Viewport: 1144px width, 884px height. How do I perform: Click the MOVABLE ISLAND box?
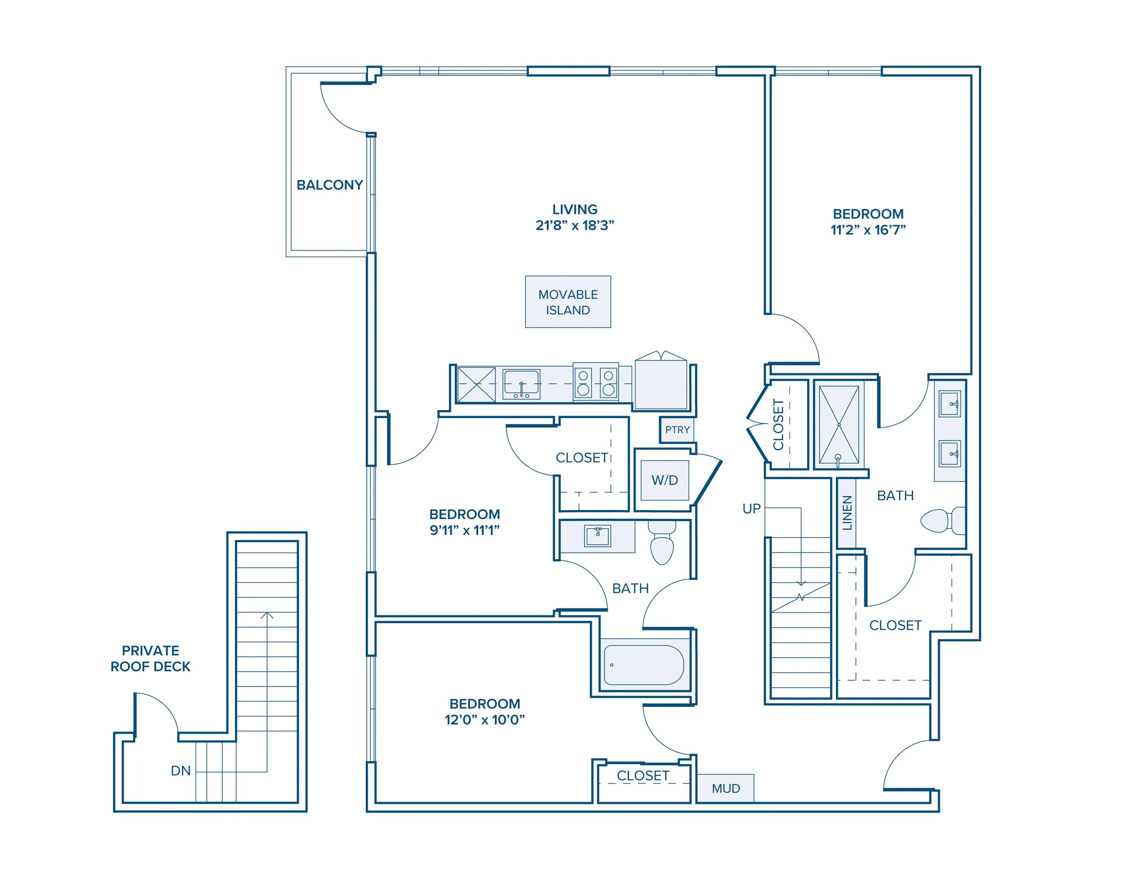coord(568,302)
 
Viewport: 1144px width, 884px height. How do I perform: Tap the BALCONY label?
coord(329,185)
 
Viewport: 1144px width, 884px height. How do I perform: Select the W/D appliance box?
coord(665,480)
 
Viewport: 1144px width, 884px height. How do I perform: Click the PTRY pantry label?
coord(677,430)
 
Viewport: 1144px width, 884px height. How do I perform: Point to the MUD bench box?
coord(725,788)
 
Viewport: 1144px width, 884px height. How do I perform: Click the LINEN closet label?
coord(847,513)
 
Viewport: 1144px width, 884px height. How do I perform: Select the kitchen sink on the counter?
coord(521,385)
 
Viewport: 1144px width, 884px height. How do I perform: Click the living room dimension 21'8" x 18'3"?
coord(575,225)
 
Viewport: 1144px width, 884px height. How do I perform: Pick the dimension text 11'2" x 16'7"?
coord(868,230)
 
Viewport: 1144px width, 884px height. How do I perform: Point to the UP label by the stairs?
coord(752,508)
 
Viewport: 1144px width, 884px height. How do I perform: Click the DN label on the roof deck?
coord(181,771)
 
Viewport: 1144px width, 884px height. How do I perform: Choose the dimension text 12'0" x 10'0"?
coord(485,720)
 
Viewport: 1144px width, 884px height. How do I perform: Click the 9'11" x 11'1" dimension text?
coord(464,530)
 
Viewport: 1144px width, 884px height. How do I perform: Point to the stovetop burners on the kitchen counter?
coord(596,382)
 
